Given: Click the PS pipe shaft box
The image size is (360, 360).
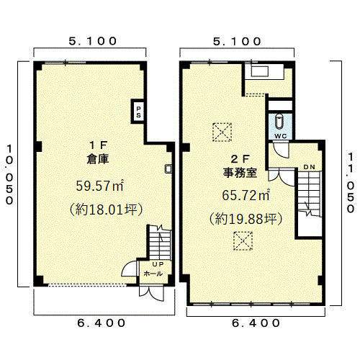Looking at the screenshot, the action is point(138,111).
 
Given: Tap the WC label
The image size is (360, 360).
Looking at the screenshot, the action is point(281,136).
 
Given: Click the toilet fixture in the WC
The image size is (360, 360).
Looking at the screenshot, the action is point(279,122).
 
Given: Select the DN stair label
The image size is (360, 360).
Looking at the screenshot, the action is point(310,167).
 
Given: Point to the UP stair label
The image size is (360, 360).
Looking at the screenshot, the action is point(158,264).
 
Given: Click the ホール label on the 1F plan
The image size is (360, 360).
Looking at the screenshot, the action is point(153,274).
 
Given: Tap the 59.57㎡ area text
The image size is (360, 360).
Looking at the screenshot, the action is point(100,186).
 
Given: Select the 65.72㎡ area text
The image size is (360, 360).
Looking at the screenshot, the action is point(246,195).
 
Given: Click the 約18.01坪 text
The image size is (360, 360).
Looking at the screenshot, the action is point(106,210).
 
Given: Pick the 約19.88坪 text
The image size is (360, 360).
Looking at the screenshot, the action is point(246,219).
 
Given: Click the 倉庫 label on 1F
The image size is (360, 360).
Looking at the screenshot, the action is point(98,159).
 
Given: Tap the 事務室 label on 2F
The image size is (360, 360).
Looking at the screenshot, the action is point(240,173).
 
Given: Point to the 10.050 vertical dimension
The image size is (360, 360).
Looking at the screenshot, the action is point(9,174).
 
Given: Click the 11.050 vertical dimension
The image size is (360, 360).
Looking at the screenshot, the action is point(351,183).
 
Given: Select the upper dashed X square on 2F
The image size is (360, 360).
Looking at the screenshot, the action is point(222,132).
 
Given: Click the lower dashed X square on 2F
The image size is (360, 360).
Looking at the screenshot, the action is point(243,241).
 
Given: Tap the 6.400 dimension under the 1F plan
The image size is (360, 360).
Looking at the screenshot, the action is point(101,323).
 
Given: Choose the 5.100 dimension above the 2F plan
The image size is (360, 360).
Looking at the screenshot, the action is point(237,41).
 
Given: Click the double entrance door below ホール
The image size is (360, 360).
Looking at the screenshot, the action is point(152,293).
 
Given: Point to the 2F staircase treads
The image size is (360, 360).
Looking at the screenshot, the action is point(309,193).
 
